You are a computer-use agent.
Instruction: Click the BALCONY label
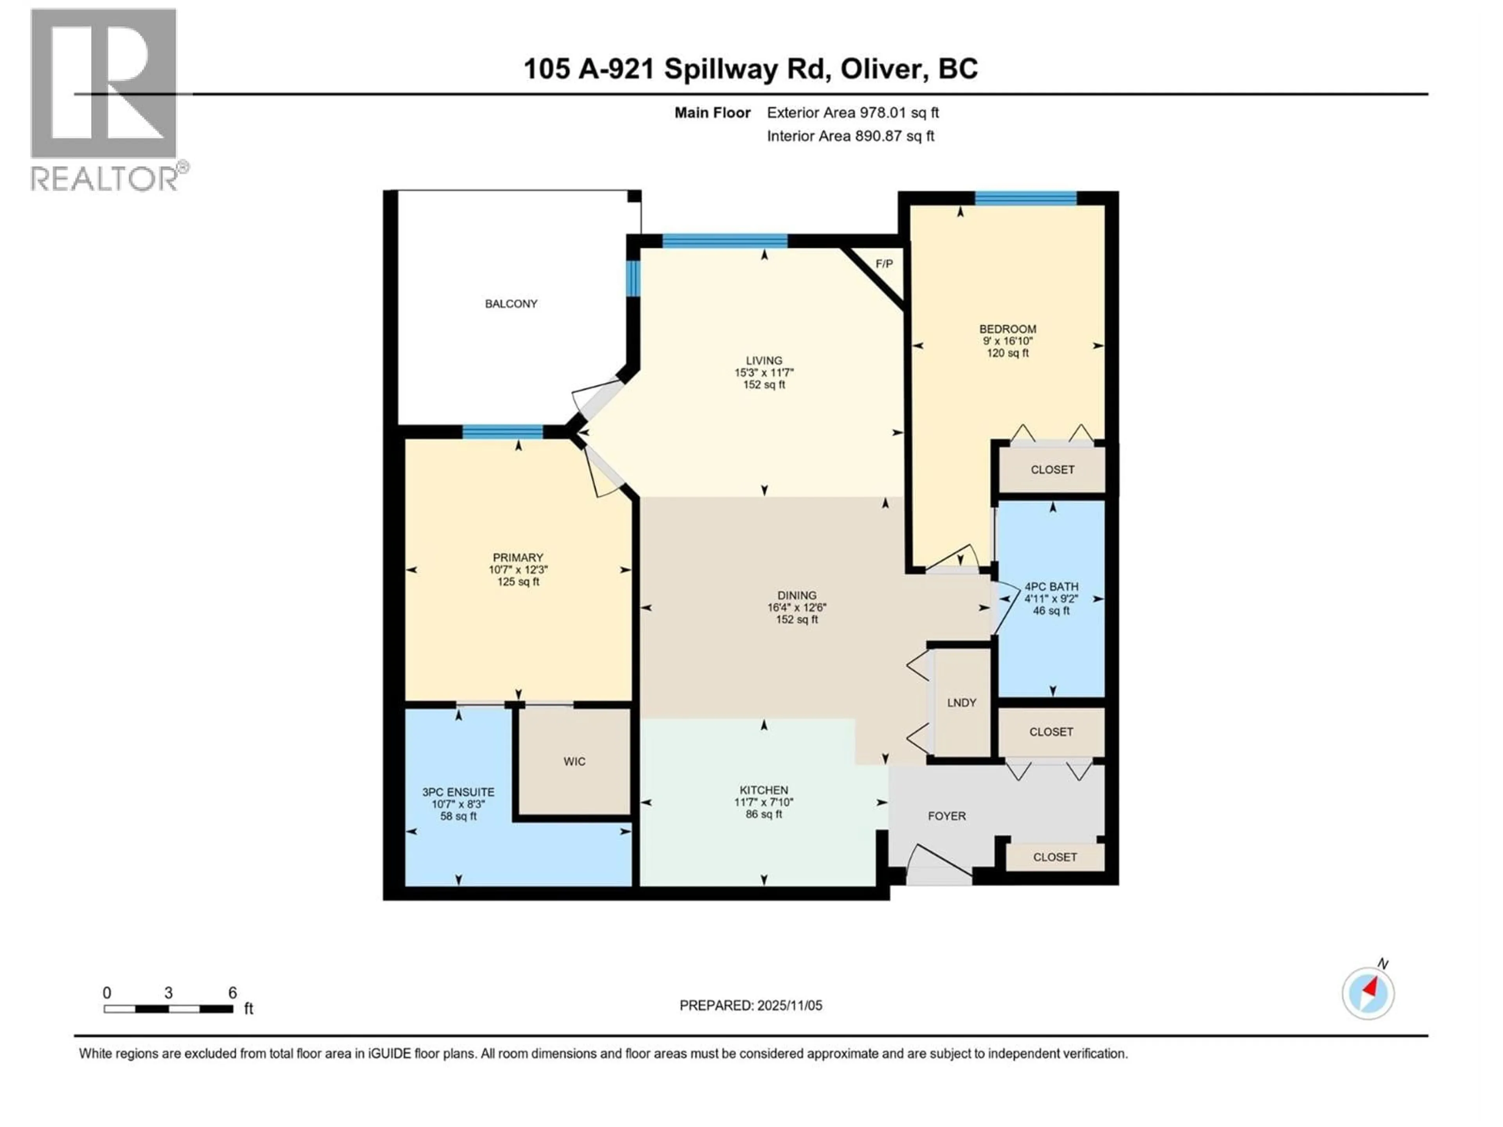[511, 304]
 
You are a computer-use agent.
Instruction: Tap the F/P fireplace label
[884, 264]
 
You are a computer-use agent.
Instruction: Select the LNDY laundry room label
[961, 702]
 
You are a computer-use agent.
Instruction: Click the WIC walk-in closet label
[574, 762]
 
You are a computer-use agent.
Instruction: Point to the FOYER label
[946, 816]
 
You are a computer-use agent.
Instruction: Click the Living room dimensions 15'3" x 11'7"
[764, 372]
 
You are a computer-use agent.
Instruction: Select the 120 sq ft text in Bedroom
[1007, 353]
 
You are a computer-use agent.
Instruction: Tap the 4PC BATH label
[1051, 586]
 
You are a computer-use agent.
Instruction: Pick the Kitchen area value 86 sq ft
[764, 814]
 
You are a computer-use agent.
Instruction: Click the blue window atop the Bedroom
[1025, 198]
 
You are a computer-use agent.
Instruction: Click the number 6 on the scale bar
[232, 992]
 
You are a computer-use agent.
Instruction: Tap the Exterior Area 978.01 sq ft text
[853, 113]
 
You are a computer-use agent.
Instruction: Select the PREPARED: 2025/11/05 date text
[751, 1005]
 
